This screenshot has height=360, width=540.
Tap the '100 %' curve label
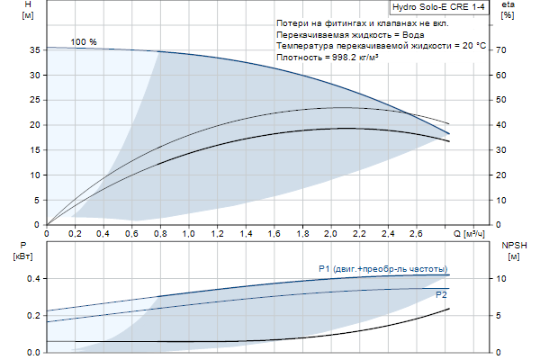tap(84, 42)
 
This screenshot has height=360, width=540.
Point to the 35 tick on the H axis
tap(35, 50)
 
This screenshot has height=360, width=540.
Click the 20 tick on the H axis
tap(35, 125)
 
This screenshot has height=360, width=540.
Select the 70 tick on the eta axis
tap(505, 50)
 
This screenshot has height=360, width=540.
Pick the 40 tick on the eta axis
tap(505, 125)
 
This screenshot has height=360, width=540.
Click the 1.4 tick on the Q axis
tap(245, 234)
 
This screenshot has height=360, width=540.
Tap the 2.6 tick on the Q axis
tap(416, 234)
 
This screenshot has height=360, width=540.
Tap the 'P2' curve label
tap(441, 294)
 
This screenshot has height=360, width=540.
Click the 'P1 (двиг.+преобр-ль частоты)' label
tap(382, 268)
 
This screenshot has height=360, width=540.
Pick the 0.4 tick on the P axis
tap(32, 279)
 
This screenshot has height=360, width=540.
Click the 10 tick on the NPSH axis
tap(505, 279)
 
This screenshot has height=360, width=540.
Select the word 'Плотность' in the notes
tap(300, 57)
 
